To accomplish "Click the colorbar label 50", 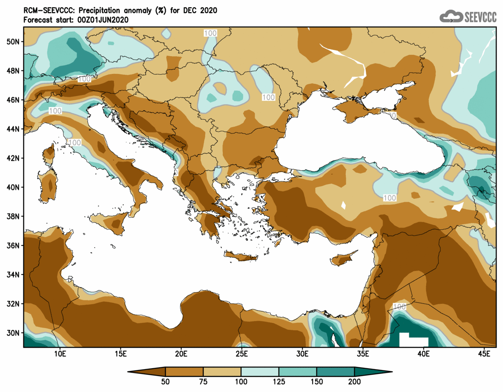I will pyautogui.click(x=165, y=382).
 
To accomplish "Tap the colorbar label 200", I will pyautogui.click(x=354, y=382).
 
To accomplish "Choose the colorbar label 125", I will pyautogui.click(x=278, y=382).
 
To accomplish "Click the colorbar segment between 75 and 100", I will pyautogui.click(x=222, y=371).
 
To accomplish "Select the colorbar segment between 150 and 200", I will pyautogui.click(x=335, y=371).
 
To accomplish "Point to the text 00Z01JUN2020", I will pyautogui.click(x=104, y=19).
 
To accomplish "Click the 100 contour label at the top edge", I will pyautogui.click(x=210, y=33).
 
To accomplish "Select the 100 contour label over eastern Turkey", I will pyautogui.click(x=389, y=198).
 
